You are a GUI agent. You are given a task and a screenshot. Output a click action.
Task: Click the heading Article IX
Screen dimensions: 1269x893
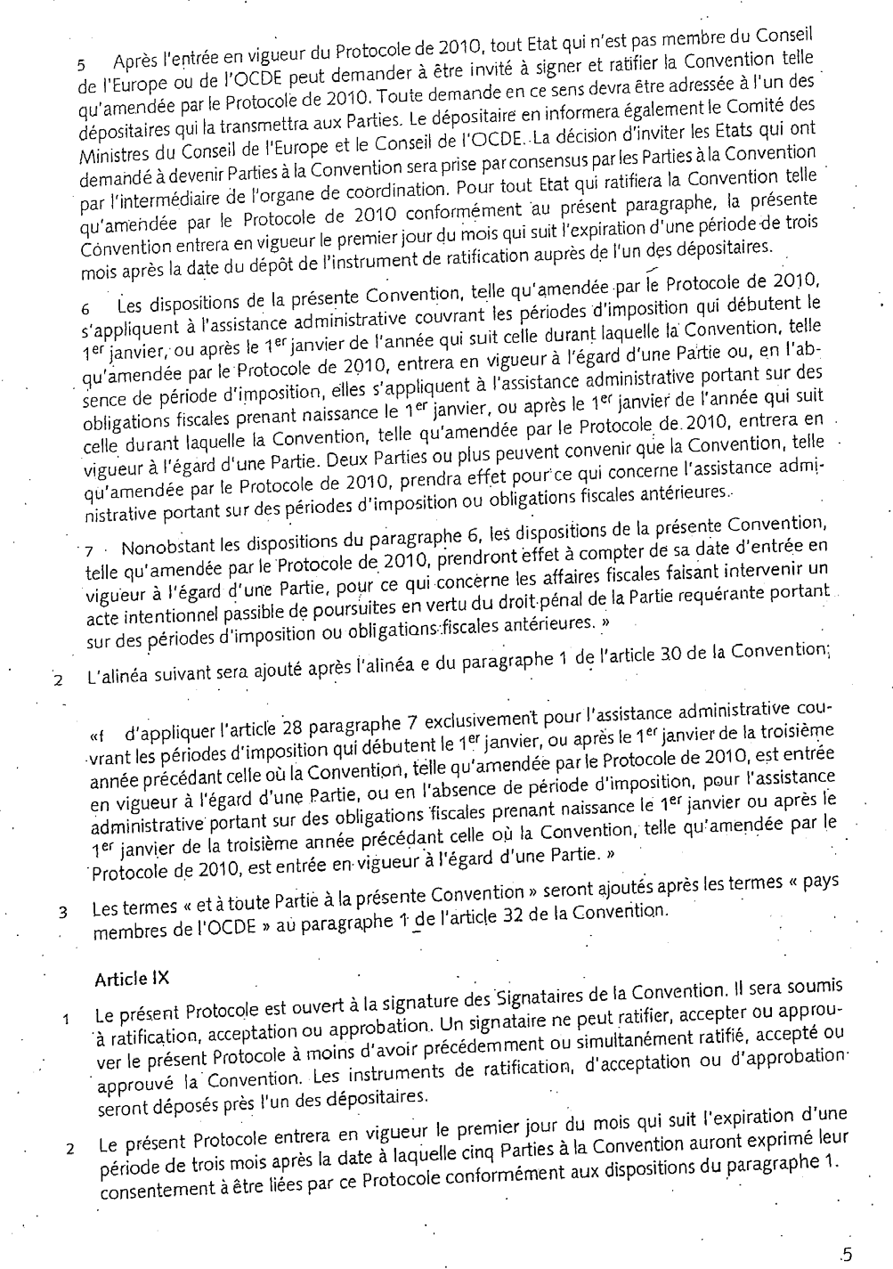click(x=131, y=978)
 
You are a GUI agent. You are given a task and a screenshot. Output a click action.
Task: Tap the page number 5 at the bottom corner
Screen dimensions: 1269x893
click(x=846, y=1254)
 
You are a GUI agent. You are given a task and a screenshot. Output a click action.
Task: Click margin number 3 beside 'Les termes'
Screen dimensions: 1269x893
click(x=63, y=913)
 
